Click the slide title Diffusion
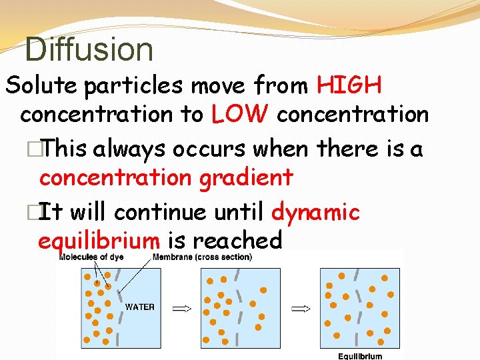pyautogui.click(x=89, y=49)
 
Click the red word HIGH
pyautogui.click(x=349, y=85)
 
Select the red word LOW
pyautogui.click(x=240, y=115)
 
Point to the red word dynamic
pyautogui.click(x=316, y=212)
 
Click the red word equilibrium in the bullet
pyautogui.click(x=99, y=240)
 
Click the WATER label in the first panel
pyautogui.click(x=140, y=307)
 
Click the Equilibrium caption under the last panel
pyautogui.click(x=360, y=356)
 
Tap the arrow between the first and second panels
pyautogui.click(x=181, y=308)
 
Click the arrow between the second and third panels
pyautogui.click(x=302, y=308)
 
